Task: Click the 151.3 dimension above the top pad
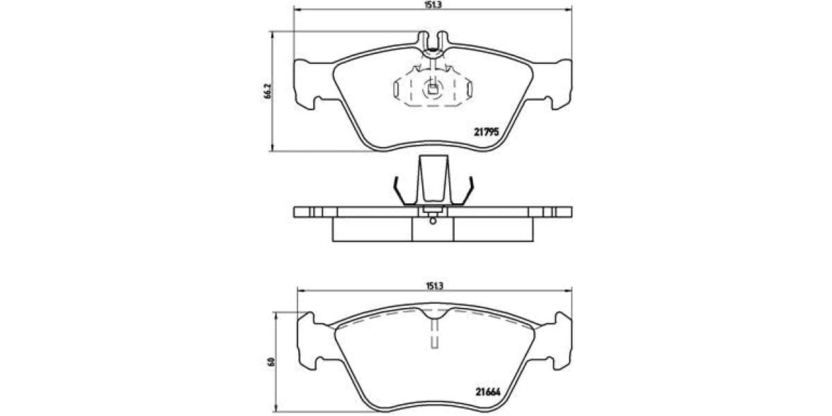point(433,5)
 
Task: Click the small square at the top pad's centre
point(432,87)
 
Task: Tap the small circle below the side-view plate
point(433,221)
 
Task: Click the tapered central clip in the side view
point(433,180)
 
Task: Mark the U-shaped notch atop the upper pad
point(433,42)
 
